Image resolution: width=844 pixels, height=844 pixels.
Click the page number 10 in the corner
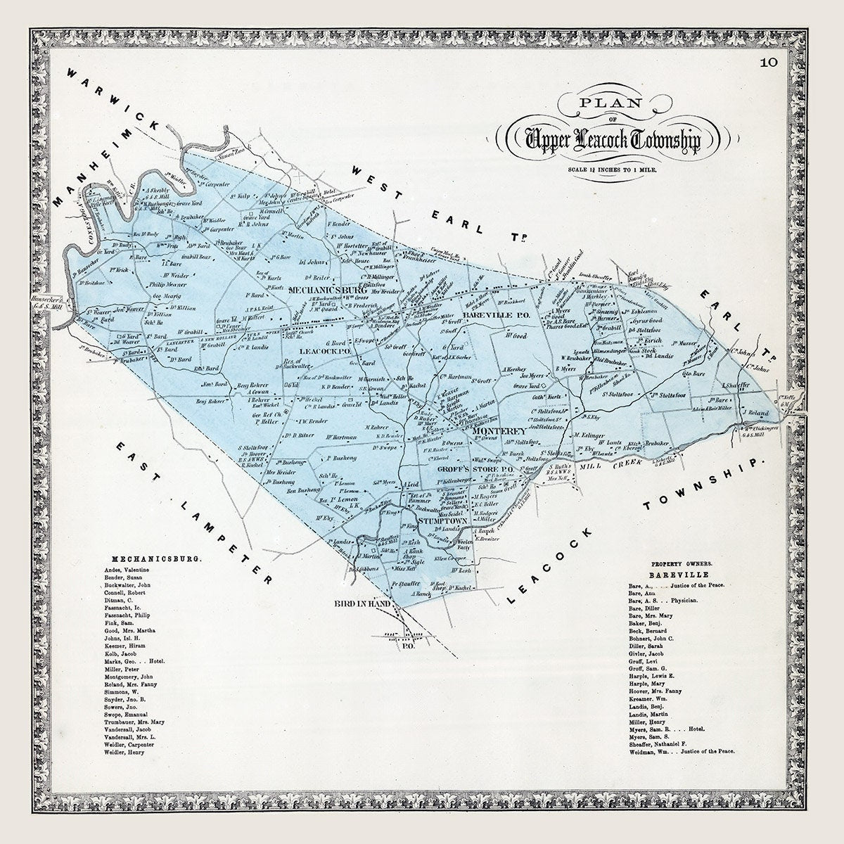coord(768,63)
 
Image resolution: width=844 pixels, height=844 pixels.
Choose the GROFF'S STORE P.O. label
coord(476,469)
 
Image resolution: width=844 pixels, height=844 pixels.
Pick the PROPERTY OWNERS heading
coord(682,563)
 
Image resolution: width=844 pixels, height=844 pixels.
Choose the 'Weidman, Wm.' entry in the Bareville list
coord(680,752)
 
